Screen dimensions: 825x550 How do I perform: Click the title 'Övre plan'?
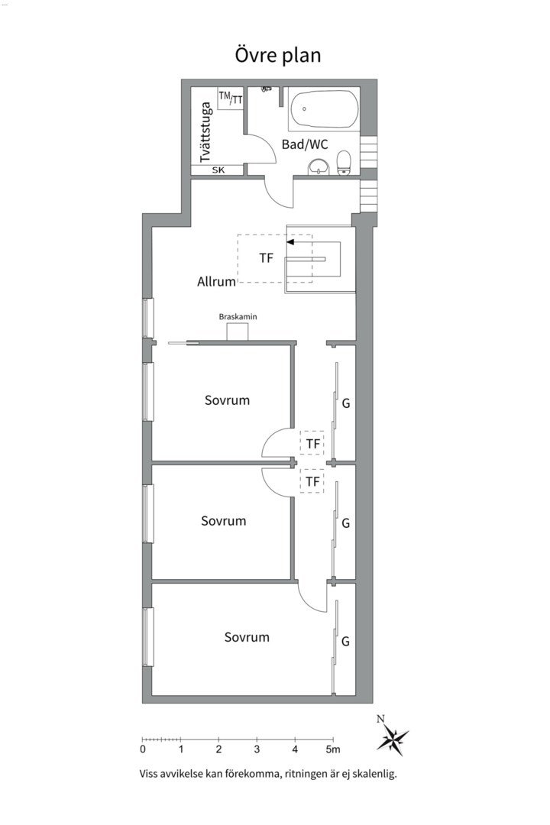point(277,55)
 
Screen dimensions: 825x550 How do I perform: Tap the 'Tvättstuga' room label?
point(205,131)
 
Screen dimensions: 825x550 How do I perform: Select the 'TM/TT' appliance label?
point(231,97)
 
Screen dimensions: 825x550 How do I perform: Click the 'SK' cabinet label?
point(218,170)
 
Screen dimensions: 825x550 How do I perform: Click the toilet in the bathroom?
point(344,162)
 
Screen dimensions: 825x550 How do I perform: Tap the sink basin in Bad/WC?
point(318,167)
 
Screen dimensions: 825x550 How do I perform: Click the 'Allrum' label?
point(216,282)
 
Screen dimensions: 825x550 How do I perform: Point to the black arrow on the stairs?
point(291,241)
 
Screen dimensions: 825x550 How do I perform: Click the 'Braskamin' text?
point(238,315)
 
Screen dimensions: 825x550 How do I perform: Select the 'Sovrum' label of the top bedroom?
point(227,400)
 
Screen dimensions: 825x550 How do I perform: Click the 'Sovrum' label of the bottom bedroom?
point(247,637)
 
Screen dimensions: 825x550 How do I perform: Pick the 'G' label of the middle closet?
point(346,523)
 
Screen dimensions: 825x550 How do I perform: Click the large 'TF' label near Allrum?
point(266,258)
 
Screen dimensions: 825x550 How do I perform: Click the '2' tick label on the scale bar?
point(219,749)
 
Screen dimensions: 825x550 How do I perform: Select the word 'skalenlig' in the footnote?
point(372,774)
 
